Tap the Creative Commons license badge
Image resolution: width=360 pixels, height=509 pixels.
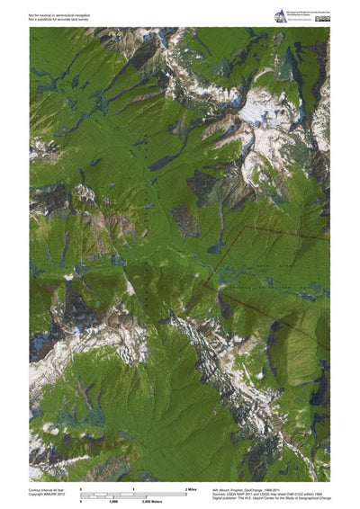click(x=322, y=18)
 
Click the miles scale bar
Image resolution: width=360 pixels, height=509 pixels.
click(x=133, y=492)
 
